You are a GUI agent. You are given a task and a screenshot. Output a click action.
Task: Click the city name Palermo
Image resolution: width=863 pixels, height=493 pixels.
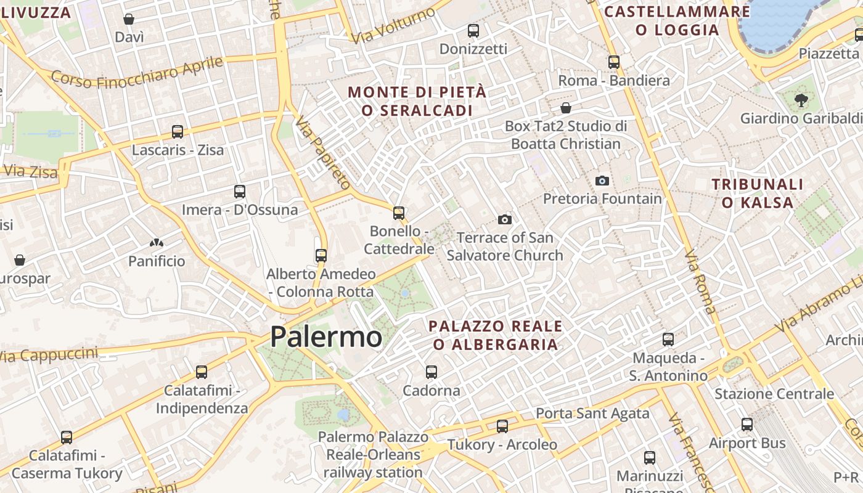click(325, 337)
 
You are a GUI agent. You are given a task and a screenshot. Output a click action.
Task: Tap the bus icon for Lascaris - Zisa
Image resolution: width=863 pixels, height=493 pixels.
click(178, 131)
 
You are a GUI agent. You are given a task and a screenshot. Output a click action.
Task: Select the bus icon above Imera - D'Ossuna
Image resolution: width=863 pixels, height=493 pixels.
click(240, 191)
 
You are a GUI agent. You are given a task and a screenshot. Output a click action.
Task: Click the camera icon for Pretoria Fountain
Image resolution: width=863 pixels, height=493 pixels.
click(602, 181)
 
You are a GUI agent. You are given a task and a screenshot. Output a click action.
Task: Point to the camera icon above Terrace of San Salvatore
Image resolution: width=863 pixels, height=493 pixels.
click(505, 219)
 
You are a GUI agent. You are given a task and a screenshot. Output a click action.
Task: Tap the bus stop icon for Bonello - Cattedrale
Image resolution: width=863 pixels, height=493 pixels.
click(399, 213)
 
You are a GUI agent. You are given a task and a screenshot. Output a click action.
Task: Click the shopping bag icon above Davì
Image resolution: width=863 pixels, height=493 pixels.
click(129, 19)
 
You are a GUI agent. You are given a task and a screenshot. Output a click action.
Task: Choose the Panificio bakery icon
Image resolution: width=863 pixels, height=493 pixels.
click(157, 243)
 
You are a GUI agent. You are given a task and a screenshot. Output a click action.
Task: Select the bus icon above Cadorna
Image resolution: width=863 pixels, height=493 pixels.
click(431, 372)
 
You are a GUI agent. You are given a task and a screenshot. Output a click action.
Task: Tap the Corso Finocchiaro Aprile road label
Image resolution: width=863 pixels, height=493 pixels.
click(137, 73)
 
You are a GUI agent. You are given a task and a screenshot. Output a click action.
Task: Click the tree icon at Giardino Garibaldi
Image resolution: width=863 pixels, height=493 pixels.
click(801, 100)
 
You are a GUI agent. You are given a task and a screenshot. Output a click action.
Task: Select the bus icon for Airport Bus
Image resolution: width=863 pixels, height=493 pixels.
click(747, 424)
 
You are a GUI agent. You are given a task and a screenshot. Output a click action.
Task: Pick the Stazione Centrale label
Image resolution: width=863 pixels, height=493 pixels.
click(774, 393)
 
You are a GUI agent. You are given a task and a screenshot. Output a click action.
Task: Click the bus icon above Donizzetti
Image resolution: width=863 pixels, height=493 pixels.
click(473, 30)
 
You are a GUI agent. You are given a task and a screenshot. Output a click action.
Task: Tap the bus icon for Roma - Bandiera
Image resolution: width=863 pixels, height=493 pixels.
click(614, 62)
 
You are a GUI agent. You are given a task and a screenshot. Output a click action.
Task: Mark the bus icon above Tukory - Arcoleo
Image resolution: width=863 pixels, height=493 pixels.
click(502, 426)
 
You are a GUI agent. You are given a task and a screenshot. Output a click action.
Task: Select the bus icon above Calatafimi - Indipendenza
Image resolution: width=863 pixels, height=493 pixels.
click(202, 372)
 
